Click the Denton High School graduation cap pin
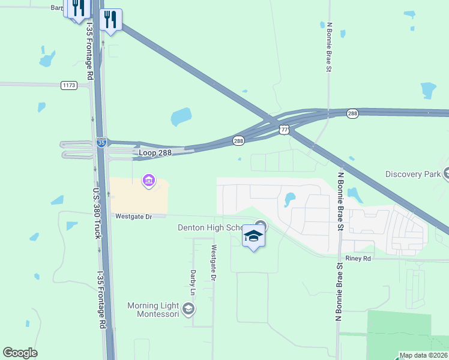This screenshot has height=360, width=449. click(253, 236)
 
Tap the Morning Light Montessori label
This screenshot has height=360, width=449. click(153, 310)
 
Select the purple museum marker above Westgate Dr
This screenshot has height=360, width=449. click(148, 180)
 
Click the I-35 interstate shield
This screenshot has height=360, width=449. click(101, 143)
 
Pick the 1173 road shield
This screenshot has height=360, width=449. click(69, 86)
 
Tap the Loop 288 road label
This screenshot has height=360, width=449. click(155, 153)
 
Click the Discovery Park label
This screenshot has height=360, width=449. click(412, 175)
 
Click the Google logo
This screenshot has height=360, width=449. click(20, 353)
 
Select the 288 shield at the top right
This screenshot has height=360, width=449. click(352, 113)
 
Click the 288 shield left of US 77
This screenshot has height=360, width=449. click(238, 140)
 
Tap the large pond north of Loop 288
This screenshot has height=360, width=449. click(181, 117)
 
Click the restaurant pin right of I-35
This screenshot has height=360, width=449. click(110, 20)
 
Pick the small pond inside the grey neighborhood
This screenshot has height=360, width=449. click(290, 199)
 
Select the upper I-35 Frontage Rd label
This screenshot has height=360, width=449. click(91, 52)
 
